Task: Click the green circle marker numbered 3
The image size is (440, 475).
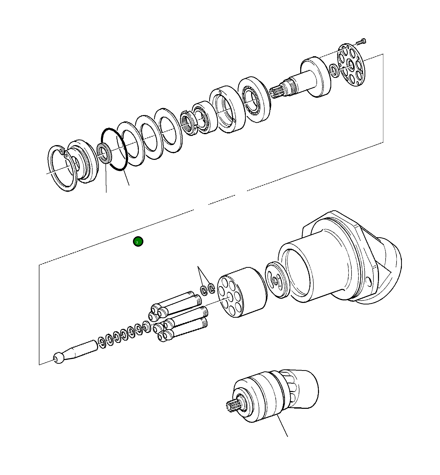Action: pyautogui.click(x=138, y=241)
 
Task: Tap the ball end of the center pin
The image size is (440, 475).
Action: pyautogui.click(x=59, y=357)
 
